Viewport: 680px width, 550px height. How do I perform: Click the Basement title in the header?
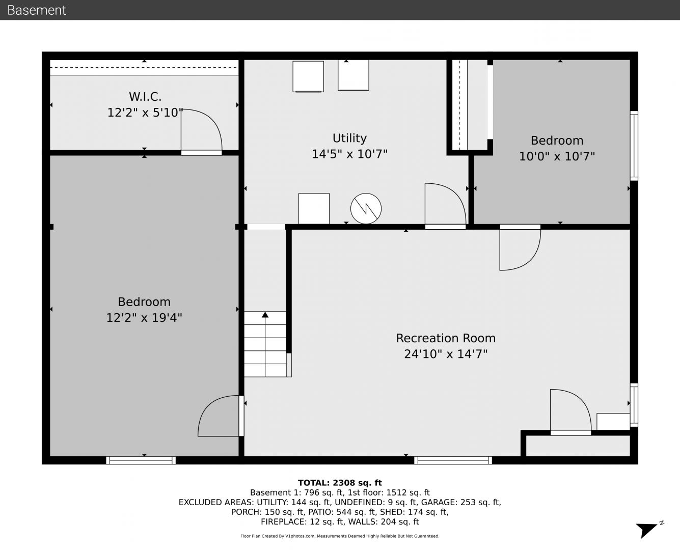pyautogui.click(x=36, y=10)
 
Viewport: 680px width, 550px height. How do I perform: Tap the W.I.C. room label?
pyautogui.click(x=145, y=96)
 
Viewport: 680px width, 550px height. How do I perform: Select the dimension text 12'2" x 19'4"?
pyautogui.click(x=144, y=318)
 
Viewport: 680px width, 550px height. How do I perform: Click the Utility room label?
pyautogui.click(x=349, y=138)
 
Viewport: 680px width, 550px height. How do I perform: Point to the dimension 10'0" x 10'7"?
pyautogui.click(x=557, y=156)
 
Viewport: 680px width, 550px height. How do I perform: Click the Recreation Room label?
pyautogui.click(x=446, y=338)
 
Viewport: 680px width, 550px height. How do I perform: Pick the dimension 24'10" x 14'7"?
pyautogui.click(x=446, y=354)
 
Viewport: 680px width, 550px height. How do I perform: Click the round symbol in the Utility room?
pyautogui.click(x=366, y=208)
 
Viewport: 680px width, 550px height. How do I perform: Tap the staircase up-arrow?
pyautogui.click(x=265, y=315)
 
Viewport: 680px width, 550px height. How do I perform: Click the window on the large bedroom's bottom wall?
pyautogui.click(x=141, y=460)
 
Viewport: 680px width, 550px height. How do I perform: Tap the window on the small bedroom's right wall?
pyautogui.click(x=634, y=146)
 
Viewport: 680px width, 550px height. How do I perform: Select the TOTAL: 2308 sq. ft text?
pyautogui.click(x=340, y=483)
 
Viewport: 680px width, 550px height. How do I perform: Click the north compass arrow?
pyautogui.click(x=646, y=530)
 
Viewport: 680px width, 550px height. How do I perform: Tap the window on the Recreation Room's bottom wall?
pyautogui.click(x=453, y=460)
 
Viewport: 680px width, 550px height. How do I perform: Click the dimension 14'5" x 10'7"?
pyautogui.click(x=349, y=154)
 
